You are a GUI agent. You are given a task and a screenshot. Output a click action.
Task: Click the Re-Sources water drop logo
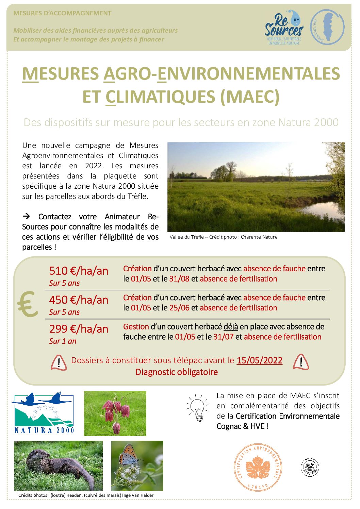point(284,28)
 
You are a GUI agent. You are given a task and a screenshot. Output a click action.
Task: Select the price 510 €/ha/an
point(79,271)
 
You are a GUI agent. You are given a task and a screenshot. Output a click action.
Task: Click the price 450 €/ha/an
point(79,300)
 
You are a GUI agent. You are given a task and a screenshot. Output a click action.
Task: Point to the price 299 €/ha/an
point(79,329)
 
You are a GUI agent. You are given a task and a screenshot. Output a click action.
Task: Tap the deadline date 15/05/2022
point(259,360)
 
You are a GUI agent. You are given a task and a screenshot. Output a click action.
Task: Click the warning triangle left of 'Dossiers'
point(59,362)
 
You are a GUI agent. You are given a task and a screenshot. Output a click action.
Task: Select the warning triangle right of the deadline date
point(301,362)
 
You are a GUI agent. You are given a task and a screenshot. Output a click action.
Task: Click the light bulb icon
point(198,407)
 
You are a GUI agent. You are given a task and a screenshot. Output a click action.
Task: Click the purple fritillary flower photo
point(115,413)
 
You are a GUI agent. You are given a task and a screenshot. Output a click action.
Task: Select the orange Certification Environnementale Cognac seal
point(258,467)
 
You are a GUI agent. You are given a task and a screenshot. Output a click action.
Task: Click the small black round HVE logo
point(310,467)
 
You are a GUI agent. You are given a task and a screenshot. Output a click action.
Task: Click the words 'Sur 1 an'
point(63,341)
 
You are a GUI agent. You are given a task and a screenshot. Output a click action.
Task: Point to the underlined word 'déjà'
point(231,327)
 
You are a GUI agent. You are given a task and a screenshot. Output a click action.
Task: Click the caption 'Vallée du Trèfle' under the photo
point(186,237)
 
